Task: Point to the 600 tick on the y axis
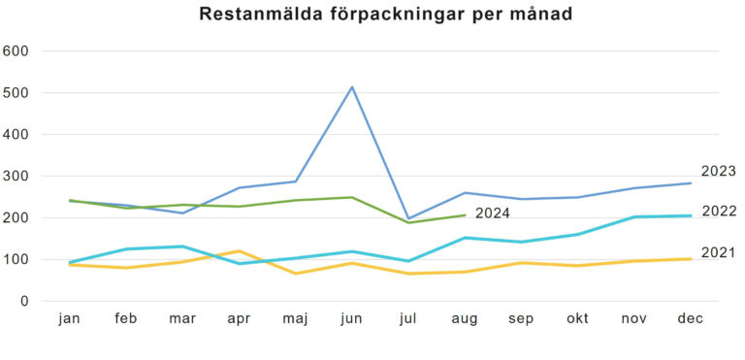coord(17,51)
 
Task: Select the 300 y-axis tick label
coord(17,177)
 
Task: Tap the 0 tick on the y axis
coord(27,302)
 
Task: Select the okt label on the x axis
coord(578,319)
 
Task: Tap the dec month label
coord(691,319)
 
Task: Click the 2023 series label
coord(719,172)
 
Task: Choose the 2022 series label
coord(719,212)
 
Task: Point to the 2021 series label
coord(719,253)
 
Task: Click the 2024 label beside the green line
coord(493,213)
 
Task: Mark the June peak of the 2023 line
coord(352,87)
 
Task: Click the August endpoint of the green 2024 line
coord(466,215)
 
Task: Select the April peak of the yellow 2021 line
coord(240,251)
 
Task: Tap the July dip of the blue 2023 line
coord(408,218)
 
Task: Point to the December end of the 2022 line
coord(691,215)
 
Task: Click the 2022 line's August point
coord(466,238)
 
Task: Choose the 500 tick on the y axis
coord(17,93)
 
